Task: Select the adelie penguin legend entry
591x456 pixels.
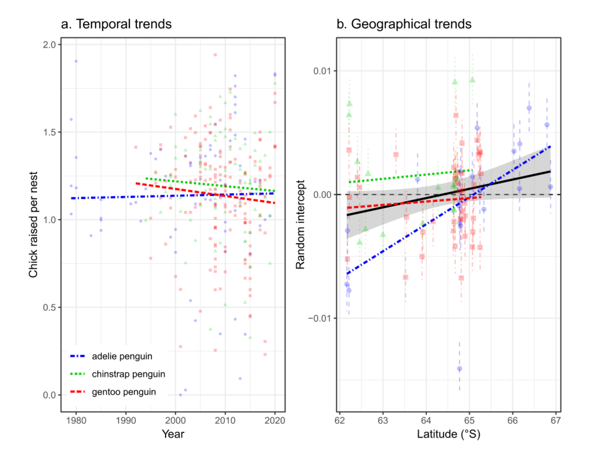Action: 122,356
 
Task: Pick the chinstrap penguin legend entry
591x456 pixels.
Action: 128,374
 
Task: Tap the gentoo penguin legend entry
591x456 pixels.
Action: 124,392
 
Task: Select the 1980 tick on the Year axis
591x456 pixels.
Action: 76,421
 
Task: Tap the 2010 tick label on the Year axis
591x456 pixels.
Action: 225,421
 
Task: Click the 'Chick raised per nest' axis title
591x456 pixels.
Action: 33,224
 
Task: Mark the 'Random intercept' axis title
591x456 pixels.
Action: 300,224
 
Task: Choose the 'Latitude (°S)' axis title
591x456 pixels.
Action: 448,434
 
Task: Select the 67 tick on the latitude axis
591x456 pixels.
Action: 556,421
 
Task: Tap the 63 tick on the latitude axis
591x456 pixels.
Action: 383,421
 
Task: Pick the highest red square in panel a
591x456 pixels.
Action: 215,55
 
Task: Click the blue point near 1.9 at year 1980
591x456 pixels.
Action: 76,61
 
